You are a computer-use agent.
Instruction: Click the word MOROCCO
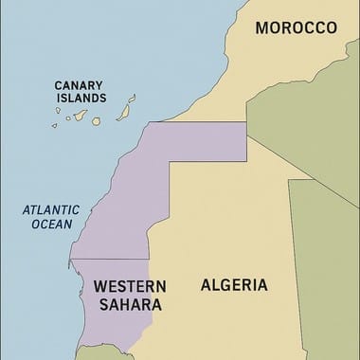(296, 28)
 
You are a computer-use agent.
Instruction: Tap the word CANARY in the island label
(80, 82)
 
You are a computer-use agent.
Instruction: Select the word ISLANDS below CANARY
(80, 97)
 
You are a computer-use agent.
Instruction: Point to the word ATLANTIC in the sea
(49, 210)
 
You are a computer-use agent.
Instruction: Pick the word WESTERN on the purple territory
(131, 286)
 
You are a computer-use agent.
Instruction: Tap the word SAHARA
(128, 305)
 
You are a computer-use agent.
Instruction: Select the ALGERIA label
(234, 284)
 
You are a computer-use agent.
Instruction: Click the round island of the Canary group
(96, 118)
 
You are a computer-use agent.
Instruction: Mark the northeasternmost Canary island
(132, 99)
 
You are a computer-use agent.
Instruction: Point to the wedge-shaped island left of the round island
(80, 117)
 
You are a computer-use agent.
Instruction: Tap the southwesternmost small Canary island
(57, 124)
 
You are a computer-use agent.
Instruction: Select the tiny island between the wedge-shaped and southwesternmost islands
(69, 120)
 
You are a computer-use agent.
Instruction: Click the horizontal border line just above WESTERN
(109, 260)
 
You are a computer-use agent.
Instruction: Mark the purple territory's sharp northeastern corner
(246, 122)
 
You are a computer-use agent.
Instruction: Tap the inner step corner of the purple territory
(171, 162)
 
